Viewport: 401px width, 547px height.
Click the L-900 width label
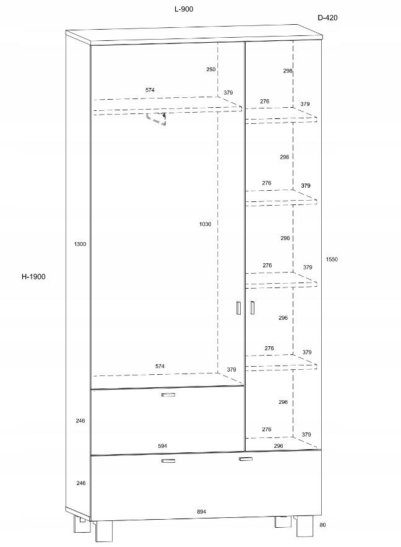click(184, 9)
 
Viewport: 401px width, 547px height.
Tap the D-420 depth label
click(327, 18)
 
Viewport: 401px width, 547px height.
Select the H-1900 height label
click(33, 277)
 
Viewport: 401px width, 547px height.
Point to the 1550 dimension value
click(332, 259)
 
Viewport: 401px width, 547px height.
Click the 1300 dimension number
click(80, 244)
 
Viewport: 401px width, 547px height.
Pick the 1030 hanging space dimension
click(205, 224)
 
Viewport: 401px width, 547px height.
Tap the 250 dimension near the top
click(211, 69)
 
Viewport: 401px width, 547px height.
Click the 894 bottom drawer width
click(201, 512)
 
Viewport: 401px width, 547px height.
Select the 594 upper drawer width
click(162, 446)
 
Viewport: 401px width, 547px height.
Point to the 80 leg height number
click(322, 525)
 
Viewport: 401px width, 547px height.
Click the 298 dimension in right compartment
click(287, 71)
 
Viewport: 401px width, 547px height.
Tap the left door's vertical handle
click(238, 308)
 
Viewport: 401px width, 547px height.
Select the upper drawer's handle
click(168, 395)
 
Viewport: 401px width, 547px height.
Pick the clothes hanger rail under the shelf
click(156, 119)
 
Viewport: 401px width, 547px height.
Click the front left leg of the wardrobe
click(104, 532)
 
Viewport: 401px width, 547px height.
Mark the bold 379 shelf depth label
click(306, 186)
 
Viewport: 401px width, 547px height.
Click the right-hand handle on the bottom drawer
click(245, 459)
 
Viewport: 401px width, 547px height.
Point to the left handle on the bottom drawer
click(168, 461)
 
